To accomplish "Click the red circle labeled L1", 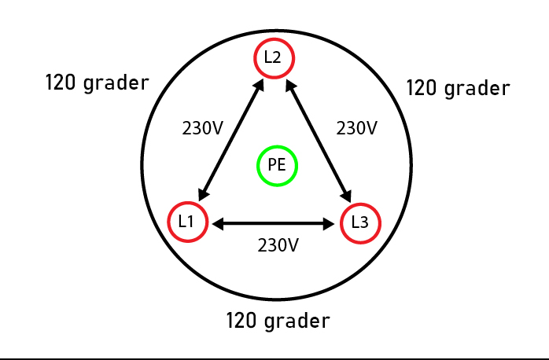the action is (x=188, y=222).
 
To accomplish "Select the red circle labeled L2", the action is (x=274, y=58).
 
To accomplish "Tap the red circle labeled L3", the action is (x=360, y=223).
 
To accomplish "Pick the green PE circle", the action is (x=278, y=166).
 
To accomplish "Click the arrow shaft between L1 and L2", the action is (x=231, y=140).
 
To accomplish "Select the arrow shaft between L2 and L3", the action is (x=319, y=141).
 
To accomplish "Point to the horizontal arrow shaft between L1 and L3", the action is (x=274, y=224).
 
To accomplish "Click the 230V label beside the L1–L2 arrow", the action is (x=202, y=128).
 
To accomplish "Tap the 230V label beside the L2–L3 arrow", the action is (x=357, y=128).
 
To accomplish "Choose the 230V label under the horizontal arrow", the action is (x=278, y=245).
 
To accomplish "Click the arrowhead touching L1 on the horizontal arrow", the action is (x=218, y=224).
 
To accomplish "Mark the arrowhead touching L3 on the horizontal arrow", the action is (x=329, y=224).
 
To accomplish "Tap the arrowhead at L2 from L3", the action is (x=291, y=86).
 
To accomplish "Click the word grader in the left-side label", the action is (x=116, y=83).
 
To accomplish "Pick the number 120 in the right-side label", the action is (x=422, y=88).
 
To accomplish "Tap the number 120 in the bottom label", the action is (x=241, y=321).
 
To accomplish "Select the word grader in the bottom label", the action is (x=297, y=321).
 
